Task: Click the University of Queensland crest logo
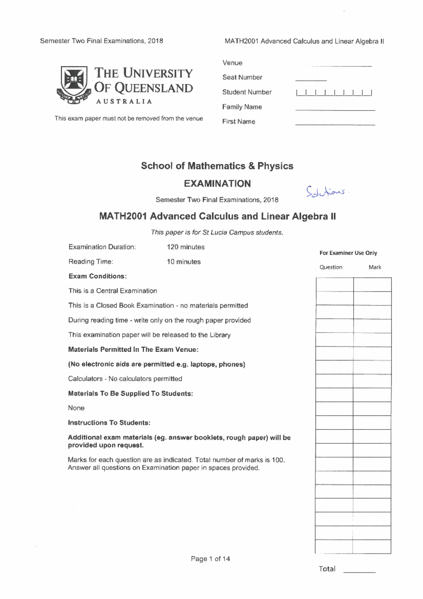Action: pyautogui.click(x=74, y=85)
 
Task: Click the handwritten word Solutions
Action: pyautogui.click(x=326, y=192)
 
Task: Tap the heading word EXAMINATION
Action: pyautogui.click(x=217, y=184)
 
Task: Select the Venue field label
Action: pyautogui.click(x=232, y=63)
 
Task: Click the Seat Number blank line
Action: pyautogui.click(x=311, y=80)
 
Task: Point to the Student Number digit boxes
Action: pyautogui.click(x=334, y=93)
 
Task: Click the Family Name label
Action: pyautogui.click(x=242, y=107)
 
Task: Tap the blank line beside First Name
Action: pyautogui.click(x=335, y=124)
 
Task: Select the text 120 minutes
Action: pyautogui.click(x=185, y=247)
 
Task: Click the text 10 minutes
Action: pyautogui.click(x=184, y=262)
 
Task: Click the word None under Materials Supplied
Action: pyautogui.click(x=76, y=408)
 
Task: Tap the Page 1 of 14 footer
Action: pyautogui.click(x=210, y=559)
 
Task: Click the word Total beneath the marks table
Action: pyautogui.click(x=327, y=569)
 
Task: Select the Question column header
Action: pyautogui.click(x=331, y=267)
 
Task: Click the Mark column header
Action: pyautogui.click(x=375, y=267)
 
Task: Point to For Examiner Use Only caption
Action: pyautogui.click(x=348, y=253)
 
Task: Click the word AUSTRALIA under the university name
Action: pyautogui.click(x=124, y=102)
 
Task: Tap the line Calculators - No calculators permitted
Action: pyautogui.click(x=125, y=379)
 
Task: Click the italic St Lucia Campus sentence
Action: pyautogui.click(x=217, y=233)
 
